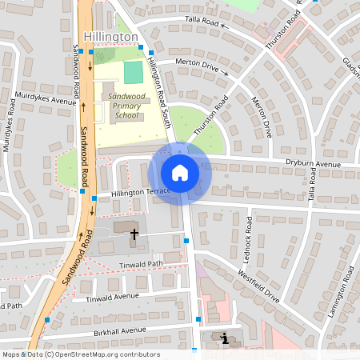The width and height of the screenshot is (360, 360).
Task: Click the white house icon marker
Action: pos(180,173)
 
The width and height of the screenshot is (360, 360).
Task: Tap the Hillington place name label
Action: pos(111,37)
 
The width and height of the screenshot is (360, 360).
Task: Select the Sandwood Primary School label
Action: pos(126,106)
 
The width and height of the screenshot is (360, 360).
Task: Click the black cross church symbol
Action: pos(134,234)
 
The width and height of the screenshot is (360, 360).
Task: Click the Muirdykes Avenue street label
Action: pos(46,101)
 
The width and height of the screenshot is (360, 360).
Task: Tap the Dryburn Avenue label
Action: pos(313,163)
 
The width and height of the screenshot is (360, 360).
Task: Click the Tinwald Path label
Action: pos(140,264)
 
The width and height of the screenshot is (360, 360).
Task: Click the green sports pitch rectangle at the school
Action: pos(133,71)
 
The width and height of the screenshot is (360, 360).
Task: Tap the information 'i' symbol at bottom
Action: pos(225,338)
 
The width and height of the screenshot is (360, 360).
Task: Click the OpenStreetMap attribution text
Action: pos(81,354)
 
